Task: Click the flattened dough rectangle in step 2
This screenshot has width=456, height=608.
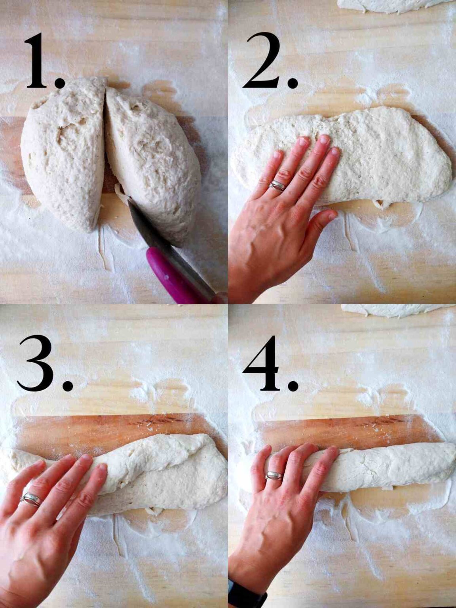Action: click(x=380, y=158)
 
